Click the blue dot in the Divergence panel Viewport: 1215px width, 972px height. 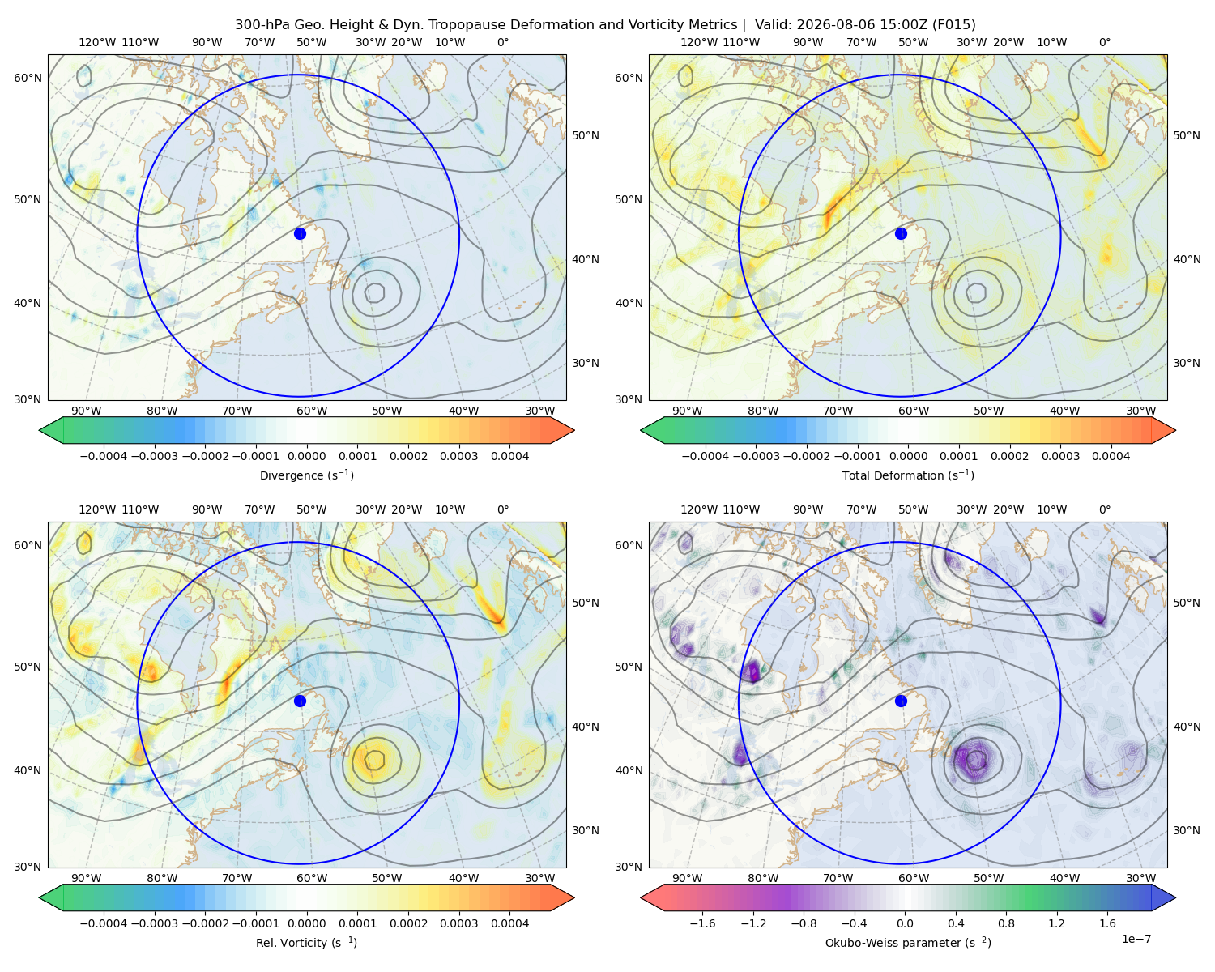[x=300, y=233]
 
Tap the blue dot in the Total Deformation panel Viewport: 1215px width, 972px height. [x=901, y=233]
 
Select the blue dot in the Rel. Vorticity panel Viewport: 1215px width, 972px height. [x=300, y=701]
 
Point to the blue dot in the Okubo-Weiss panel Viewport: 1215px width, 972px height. [x=901, y=701]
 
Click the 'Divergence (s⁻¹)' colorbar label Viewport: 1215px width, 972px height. [x=306, y=475]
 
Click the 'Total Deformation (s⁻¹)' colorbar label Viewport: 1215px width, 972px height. [x=908, y=475]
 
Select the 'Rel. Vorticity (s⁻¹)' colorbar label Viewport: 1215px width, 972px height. [x=306, y=942]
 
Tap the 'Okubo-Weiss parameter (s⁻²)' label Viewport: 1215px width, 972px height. [x=908, y=942]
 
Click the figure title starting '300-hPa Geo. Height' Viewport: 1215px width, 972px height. [x=605, y=25]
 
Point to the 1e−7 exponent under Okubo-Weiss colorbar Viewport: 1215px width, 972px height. [x=1136, y=939]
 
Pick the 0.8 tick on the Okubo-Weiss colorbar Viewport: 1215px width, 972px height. [x=1006, y=923]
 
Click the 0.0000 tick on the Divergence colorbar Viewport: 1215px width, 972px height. [x=306, y=456]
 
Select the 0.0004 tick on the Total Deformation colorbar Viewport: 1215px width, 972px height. [x=1111, y=456]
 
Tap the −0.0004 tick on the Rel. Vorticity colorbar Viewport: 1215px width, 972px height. [x=104, y=923]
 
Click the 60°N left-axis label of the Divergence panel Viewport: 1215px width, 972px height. [x=28, y=78]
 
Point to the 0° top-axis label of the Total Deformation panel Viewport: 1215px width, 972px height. [x=1104, y=42]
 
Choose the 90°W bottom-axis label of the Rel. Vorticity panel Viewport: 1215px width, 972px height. [x=87, y=878]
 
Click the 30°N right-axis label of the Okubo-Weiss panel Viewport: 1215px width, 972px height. [x=1186, y=830]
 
